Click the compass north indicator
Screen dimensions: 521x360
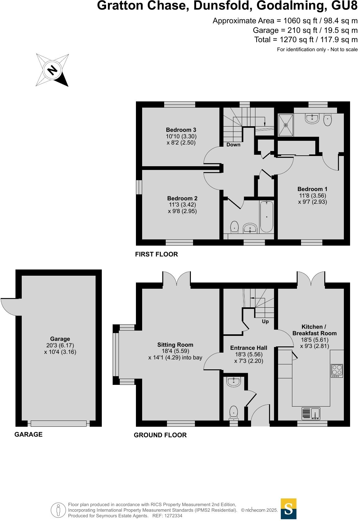(52, 70)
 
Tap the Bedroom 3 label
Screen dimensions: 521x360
(181, 130)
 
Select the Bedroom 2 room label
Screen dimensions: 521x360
(182, 198)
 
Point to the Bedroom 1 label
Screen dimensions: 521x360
(312, 189)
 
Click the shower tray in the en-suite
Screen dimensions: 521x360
(286, 125)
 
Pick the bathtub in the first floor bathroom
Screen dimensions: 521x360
(267, 216)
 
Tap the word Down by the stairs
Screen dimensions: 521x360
(233, 145)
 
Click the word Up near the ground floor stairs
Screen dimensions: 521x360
(265, 322)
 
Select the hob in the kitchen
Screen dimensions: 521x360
(337, 371)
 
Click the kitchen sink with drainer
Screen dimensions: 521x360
(311, 414)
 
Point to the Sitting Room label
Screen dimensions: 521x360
(175, 345)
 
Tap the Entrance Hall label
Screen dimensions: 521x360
(249, 348)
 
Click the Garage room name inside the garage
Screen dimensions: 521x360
(60, 339)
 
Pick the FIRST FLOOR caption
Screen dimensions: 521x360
(156, 254)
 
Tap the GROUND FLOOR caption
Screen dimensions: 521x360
(160, 435)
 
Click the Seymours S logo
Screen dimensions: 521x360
(288, 509)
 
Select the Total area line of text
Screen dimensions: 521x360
(306, 40)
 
